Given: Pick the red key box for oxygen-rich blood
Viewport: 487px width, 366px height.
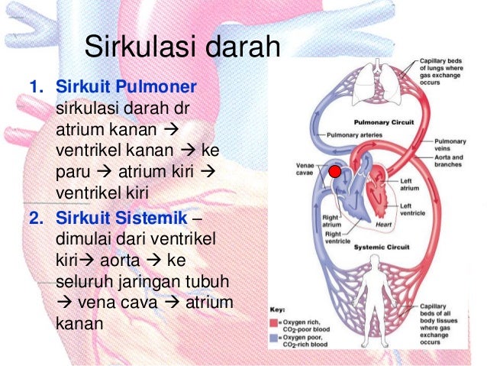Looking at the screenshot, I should click(x=273, y=322).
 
